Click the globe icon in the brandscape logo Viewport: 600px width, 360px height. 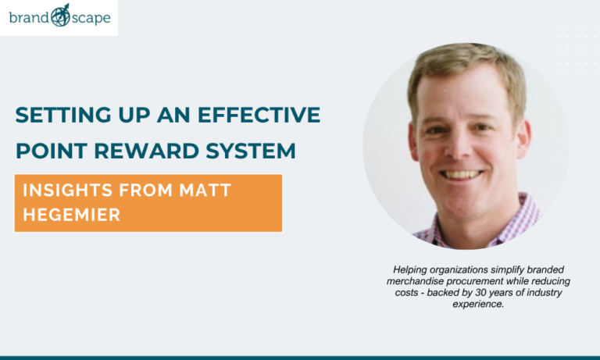coord(61,16)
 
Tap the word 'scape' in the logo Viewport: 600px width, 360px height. coord(90,17)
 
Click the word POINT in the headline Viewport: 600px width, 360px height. coord(48,150)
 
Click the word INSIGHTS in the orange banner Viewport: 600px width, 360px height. coord(69,190)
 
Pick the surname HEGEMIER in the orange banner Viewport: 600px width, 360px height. coord(72,214)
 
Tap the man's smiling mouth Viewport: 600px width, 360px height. coord(467,173)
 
